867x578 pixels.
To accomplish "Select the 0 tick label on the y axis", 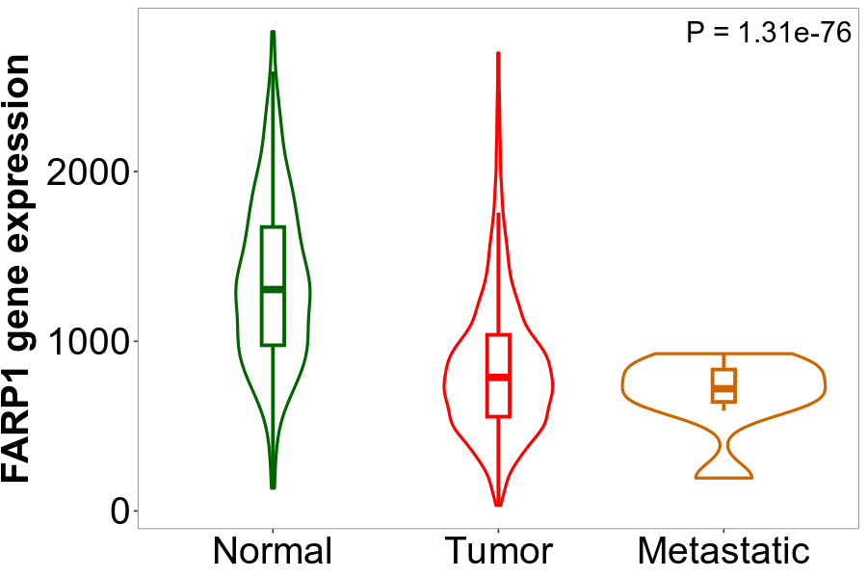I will point(120,512).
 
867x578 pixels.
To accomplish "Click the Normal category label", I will point(273,551).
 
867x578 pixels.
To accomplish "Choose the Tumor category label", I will point(498,551).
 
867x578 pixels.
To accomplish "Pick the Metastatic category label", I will point(723,551).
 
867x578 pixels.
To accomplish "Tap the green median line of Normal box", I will point(273,289).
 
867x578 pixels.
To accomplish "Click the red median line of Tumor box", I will point(498,377).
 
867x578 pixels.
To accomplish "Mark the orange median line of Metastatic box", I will point(723,388).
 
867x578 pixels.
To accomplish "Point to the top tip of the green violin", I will point(273,32).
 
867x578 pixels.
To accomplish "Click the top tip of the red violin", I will point(498,53).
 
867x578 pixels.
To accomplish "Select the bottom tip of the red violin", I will point(498,505).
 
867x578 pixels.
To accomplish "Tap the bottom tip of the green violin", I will point(273,487).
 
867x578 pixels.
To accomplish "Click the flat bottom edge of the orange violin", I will point(723,478).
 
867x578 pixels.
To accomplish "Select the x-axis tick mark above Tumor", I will point(498,531).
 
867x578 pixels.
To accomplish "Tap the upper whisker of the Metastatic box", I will point(723,361).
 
